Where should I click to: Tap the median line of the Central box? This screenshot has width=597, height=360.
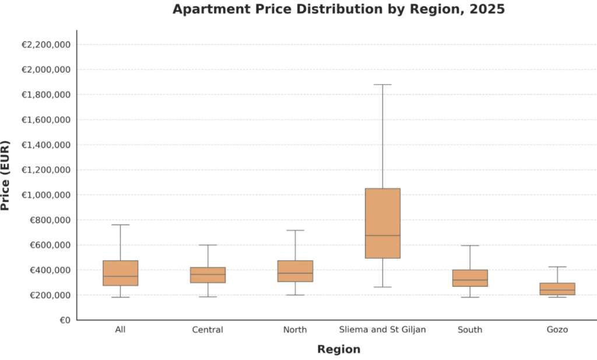point(208,274)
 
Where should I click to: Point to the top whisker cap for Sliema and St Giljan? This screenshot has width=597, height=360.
point(382,84)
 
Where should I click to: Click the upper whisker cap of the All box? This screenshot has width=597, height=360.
point(120,225)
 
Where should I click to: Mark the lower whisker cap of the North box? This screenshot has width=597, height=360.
point(295,295)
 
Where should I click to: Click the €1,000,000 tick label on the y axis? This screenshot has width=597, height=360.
point(46,195)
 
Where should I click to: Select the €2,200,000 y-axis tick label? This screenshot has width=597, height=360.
point(46,45)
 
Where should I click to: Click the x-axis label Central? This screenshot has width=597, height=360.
point(208,330)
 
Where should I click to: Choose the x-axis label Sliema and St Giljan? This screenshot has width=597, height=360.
point(382,330)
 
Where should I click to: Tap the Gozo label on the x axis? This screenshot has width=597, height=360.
point(557,330)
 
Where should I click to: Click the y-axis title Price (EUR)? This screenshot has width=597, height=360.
point(6,175)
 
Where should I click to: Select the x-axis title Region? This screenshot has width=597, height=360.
point(339,350)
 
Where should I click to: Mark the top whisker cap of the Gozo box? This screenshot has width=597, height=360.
point(557,267)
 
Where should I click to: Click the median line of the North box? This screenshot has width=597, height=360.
point(295,273)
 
